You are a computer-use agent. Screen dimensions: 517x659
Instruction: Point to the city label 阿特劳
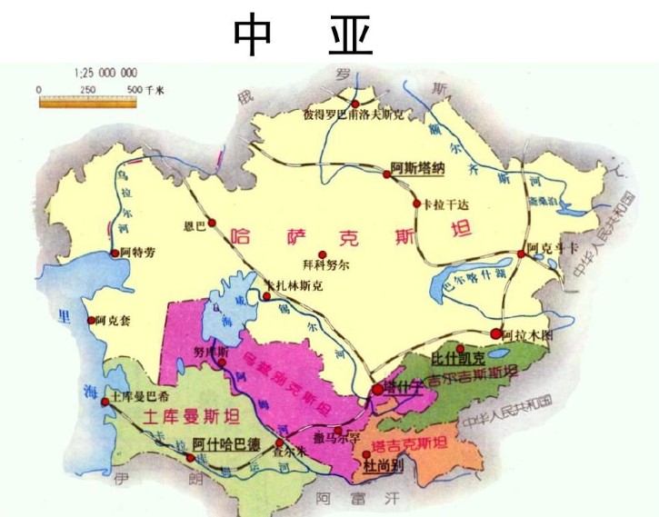[x=139, y=254]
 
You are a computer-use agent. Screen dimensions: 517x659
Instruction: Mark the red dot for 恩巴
[x=213, y=222]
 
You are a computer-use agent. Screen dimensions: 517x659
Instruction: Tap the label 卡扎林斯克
[x=293, y=285]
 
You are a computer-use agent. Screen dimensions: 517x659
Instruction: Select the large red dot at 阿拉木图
[x=495, y=333]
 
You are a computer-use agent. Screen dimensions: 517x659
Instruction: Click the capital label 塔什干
[x=403, y=388]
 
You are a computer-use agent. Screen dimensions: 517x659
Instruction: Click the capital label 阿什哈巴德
[x=227, y=444]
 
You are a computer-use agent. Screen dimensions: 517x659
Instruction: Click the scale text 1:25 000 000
[x=104, y=73]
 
